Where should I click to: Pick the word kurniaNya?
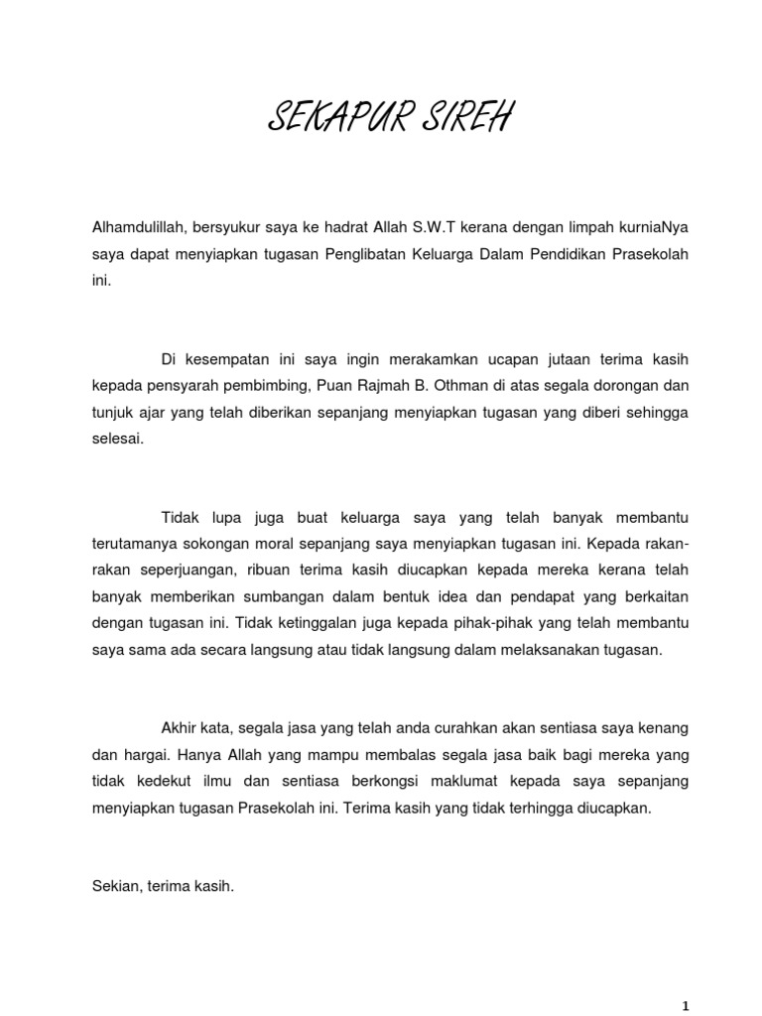point(652,227)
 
